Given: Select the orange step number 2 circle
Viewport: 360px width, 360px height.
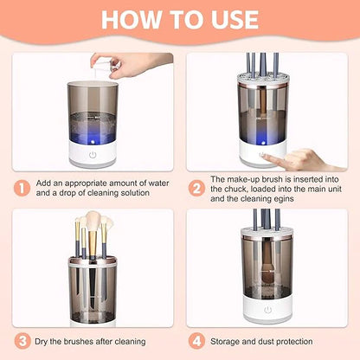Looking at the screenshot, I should pos(196,187).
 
